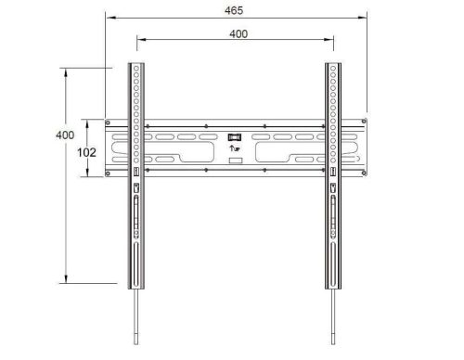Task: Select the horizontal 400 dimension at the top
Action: click(x=237, y=32)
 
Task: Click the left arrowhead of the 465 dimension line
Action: click(x=107, y=17)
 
